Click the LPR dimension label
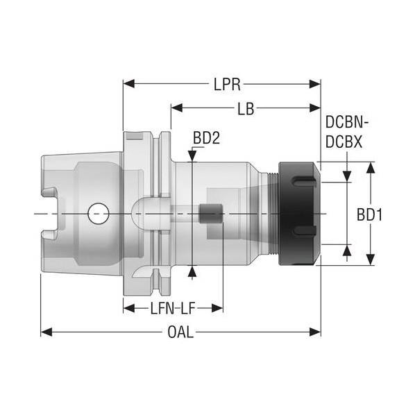[227, 85]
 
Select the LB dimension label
[246, 108]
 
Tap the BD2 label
[206, 138]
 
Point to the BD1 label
[370, 214]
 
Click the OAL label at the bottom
[180, 332]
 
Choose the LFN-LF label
[173, 308]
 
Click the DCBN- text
[347, 122]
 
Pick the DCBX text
[344, 142]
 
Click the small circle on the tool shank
[99, 214]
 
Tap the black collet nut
[299, 214]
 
